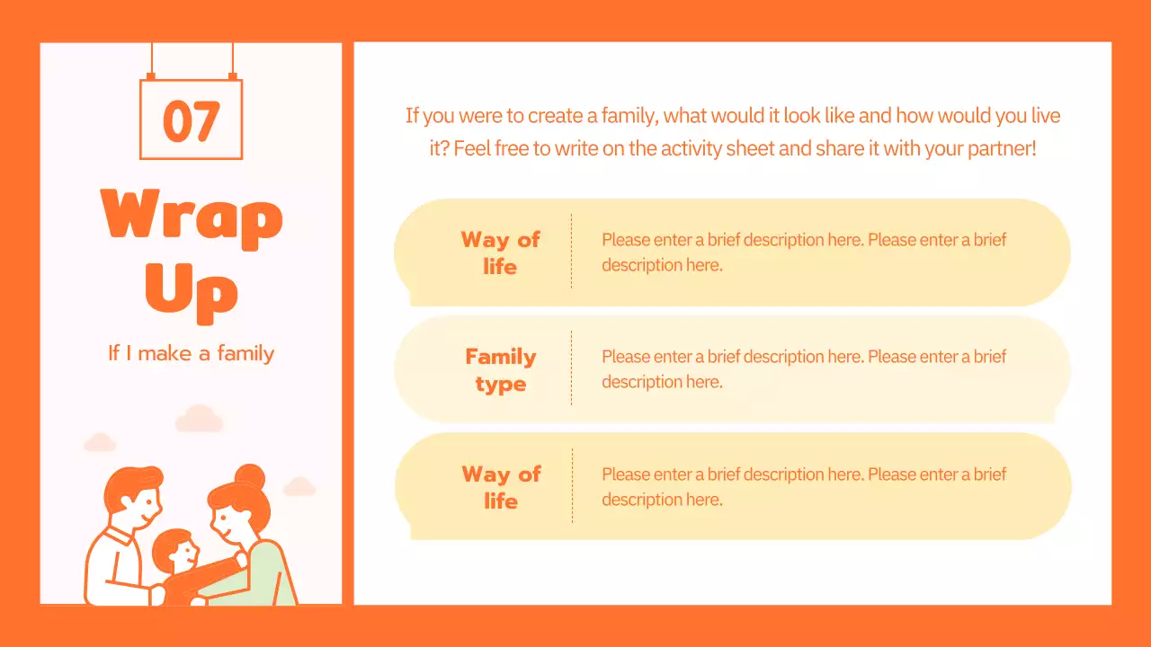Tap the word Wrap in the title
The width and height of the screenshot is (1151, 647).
(x=192, y=216)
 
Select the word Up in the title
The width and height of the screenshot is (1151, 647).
(x=192, y=289)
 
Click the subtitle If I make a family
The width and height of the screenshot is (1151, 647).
(x=191, y=353)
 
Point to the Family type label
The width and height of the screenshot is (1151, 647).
(x=500, y=370)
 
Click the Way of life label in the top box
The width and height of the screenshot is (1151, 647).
(x=500, y=253)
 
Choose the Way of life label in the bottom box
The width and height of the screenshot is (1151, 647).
(x=501, y=487)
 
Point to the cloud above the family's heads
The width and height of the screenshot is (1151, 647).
(x=199, y=419)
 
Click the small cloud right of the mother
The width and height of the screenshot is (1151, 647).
(x=299, y=487)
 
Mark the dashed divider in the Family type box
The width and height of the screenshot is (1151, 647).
(x=571, y=368)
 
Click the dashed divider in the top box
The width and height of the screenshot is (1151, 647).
(x=571, y=252)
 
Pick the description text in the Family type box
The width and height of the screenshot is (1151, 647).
(x=803, y=369)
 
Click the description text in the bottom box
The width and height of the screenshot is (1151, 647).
(x=803, y=486)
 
